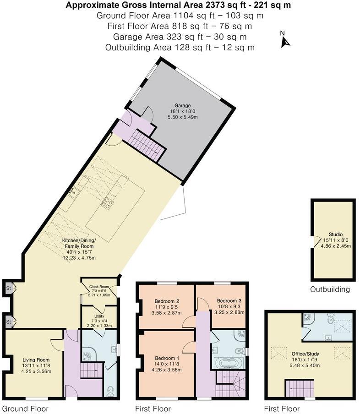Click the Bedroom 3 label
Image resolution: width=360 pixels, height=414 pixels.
tap(229, 301)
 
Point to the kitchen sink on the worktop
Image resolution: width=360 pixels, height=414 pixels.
tap(73, 193)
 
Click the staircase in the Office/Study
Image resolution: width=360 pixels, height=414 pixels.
tap(300, 389)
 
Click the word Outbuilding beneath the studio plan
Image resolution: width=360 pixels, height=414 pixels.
tap(330, 289)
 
